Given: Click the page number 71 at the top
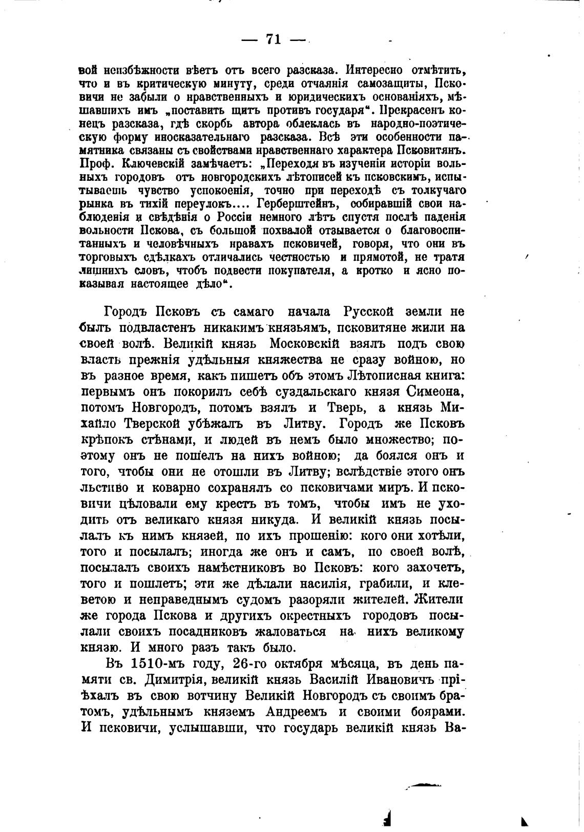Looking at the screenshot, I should [274, 39].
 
